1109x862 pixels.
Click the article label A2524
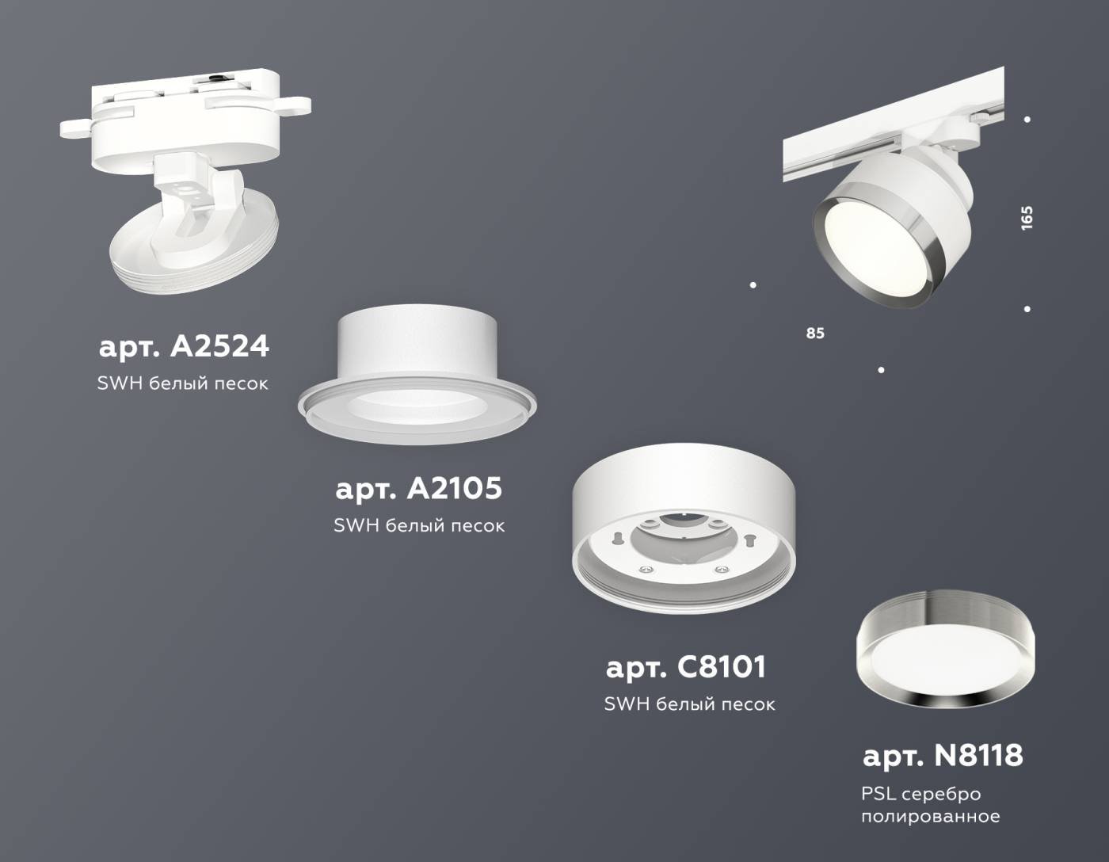(184, 346)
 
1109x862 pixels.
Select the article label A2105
(418, 488)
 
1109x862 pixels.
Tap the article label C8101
(686, 667)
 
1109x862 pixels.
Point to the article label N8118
(942, 755)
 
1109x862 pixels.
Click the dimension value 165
(1027, 218)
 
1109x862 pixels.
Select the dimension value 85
(815, 334)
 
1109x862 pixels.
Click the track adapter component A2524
(186, 182)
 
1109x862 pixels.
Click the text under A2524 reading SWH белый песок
(182, 383)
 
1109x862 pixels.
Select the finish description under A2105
(418, 525)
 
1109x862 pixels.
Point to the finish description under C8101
(689, 704)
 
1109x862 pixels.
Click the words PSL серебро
(920, 793)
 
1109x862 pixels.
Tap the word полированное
(930, 816)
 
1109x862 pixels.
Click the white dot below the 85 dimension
(881, 370)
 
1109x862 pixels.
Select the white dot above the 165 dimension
(1027, 120)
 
